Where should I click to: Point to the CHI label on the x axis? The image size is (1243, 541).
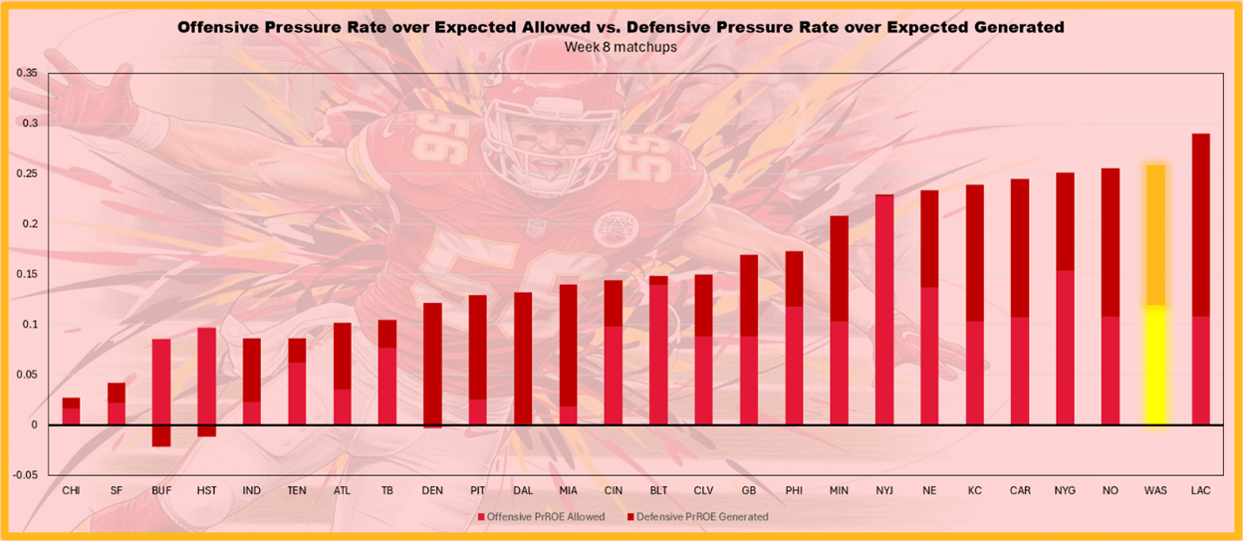[71, 491]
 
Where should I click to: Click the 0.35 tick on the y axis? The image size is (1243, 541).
[28, 74]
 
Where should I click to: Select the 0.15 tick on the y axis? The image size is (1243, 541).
[28, 274]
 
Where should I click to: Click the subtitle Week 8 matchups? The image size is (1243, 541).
[621, 47]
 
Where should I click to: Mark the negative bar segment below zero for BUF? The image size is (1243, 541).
[161, 435]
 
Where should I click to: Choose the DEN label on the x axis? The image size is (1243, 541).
[433, 491]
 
